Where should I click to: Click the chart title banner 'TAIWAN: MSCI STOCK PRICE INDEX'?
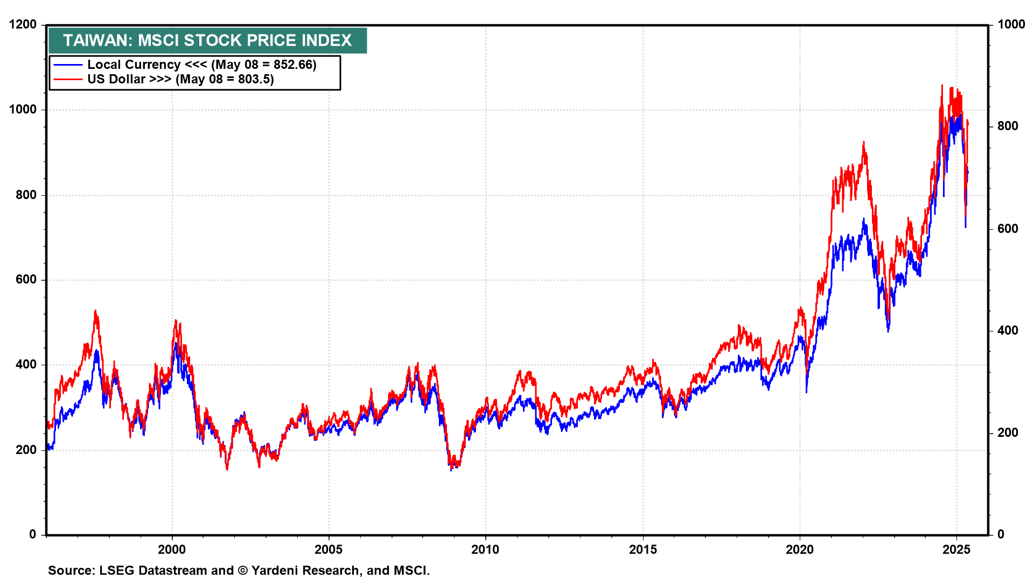(207, 40)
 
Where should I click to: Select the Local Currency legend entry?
(134, 65)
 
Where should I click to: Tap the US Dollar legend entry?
(129, 80)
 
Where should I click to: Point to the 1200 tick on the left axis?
(23, 25)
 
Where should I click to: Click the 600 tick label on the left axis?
(26, 280)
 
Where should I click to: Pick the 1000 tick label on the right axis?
(1011, 25)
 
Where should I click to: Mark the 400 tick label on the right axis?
(1008, 330)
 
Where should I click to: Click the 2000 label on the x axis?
(171, 549)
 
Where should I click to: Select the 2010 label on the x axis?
(485, 549)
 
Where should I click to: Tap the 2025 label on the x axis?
(956, 549)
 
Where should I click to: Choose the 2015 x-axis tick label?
(642, 549)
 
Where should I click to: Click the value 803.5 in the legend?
(255, 80)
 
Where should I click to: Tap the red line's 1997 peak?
(95, 311)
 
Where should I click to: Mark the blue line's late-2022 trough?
(888, 330)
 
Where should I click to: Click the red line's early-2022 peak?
(863, 143)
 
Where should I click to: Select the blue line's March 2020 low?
(806, 392)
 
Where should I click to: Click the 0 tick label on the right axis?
(1000, 534)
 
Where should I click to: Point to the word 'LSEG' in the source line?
(117, 570)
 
